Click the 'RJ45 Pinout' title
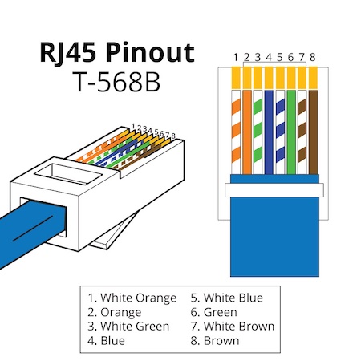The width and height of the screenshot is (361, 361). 117,53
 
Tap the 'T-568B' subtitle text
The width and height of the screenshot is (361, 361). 117,82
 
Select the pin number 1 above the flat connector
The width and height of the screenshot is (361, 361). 236,57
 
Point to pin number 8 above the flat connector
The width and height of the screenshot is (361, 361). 313,57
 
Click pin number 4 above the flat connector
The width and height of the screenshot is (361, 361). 269,57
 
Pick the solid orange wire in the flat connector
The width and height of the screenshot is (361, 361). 247,132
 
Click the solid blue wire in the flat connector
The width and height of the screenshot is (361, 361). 269,132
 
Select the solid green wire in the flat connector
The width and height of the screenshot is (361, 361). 291,132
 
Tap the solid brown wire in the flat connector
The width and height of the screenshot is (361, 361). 313,132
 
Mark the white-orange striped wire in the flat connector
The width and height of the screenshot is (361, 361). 236,132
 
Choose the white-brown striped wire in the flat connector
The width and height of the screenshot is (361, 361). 302,132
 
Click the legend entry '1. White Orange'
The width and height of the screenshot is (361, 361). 132,298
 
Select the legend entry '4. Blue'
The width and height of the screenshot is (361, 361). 106,341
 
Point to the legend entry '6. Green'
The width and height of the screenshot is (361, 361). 213,313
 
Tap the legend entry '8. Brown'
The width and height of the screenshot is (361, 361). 215,341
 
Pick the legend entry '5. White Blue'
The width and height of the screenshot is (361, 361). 227,298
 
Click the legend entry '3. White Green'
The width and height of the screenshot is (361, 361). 128,327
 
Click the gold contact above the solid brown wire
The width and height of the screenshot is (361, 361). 313,78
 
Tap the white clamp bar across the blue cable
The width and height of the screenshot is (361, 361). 274,190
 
